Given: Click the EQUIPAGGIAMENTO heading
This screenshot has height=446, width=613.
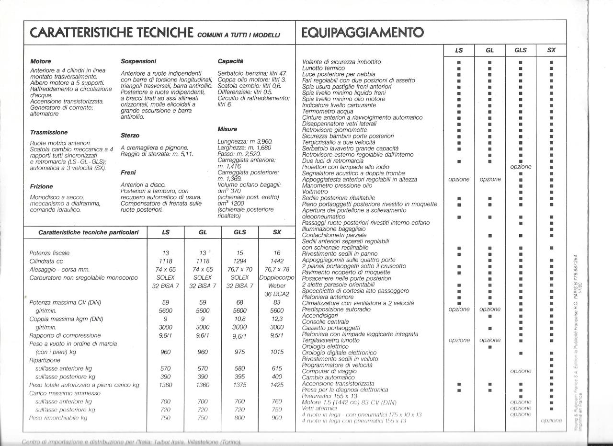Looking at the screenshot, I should [363, 33].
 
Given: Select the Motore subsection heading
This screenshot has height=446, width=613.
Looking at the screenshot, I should [41, 62].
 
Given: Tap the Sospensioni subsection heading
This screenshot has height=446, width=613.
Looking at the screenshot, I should [138, 62].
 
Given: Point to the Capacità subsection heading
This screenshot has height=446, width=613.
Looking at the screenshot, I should [230, 62].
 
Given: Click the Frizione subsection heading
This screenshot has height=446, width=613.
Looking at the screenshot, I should [42, 186].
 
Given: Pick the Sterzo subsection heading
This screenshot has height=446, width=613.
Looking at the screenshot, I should [130, 136].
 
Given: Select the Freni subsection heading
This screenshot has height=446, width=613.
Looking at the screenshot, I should [128, 172].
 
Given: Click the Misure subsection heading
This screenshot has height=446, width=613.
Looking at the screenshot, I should [227, 129].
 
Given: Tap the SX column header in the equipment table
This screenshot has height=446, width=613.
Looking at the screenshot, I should [551, 50].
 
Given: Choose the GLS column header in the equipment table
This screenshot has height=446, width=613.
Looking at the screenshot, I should [521, 50].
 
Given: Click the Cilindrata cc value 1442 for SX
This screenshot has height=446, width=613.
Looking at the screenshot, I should [277, 261].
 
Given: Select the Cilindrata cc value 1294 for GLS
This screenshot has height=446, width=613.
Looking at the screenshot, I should [240, 261].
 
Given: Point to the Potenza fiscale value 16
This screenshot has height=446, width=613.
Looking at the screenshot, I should [277, 253].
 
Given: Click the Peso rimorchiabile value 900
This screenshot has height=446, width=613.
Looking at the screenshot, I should [277, 418].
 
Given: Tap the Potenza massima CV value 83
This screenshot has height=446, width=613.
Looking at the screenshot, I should [277, 302].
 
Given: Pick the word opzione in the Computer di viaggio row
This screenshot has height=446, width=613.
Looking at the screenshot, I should [521, 371].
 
